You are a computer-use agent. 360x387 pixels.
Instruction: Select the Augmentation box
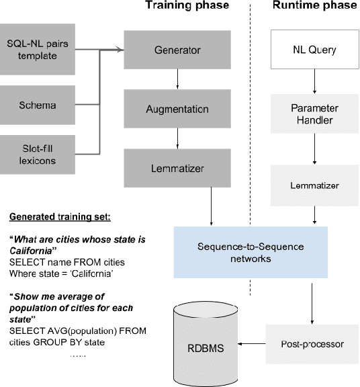pos(176,109)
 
